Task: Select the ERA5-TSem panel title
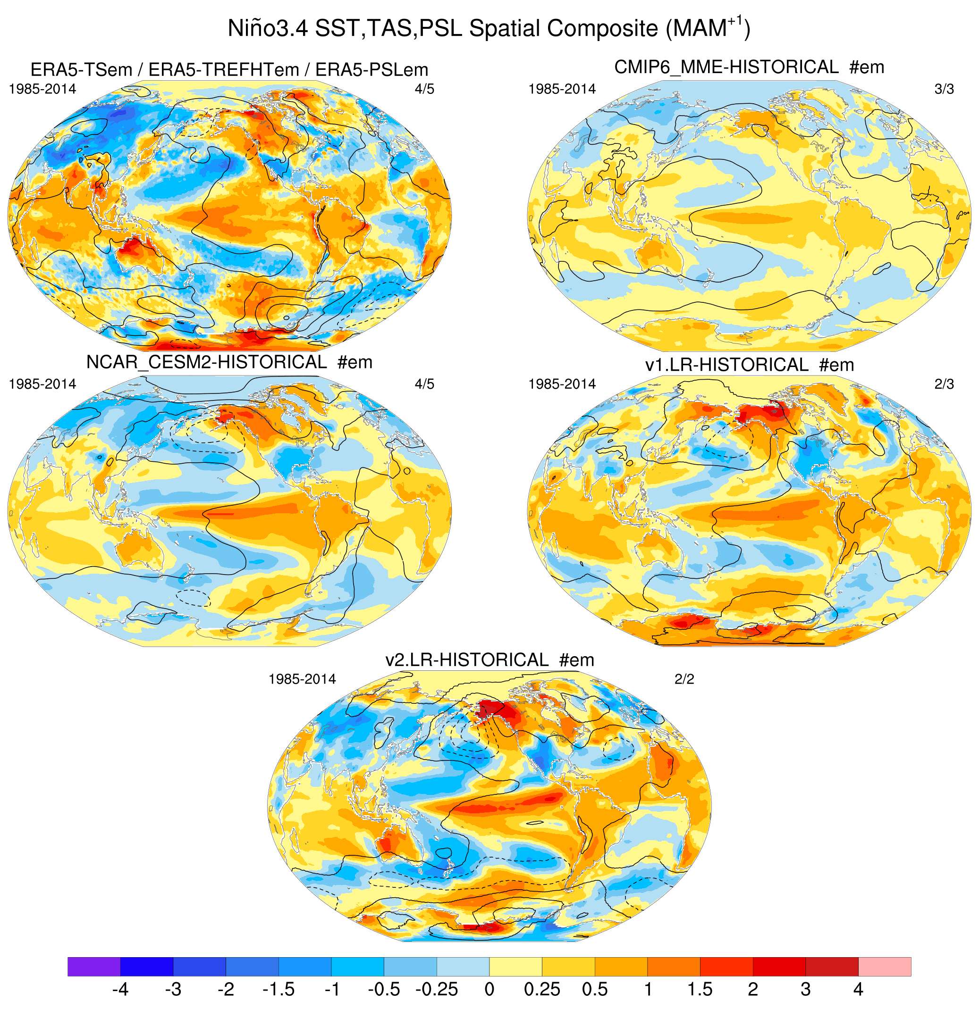click(229, 69)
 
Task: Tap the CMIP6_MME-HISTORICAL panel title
click(749, 67)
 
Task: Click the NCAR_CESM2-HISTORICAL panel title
click(229, 362)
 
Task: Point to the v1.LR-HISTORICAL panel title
click(749, 365)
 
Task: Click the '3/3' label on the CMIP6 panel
click(944, 89)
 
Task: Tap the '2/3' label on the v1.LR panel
click(944, 384)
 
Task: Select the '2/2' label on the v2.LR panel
click(684, 680)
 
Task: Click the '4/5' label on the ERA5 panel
click(424, 89)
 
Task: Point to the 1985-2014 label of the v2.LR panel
click(302, 680)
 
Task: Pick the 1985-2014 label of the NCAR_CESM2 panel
click(42, 384)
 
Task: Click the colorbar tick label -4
click(119, 989)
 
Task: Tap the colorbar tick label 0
click(489, 989)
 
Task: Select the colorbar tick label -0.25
click(436, 989)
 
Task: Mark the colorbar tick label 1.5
click(700, 989)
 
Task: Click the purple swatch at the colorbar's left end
click(93, 967)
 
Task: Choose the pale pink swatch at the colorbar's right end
click(884, 967)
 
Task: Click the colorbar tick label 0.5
click(594, 989)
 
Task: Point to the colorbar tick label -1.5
click(279, 989)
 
